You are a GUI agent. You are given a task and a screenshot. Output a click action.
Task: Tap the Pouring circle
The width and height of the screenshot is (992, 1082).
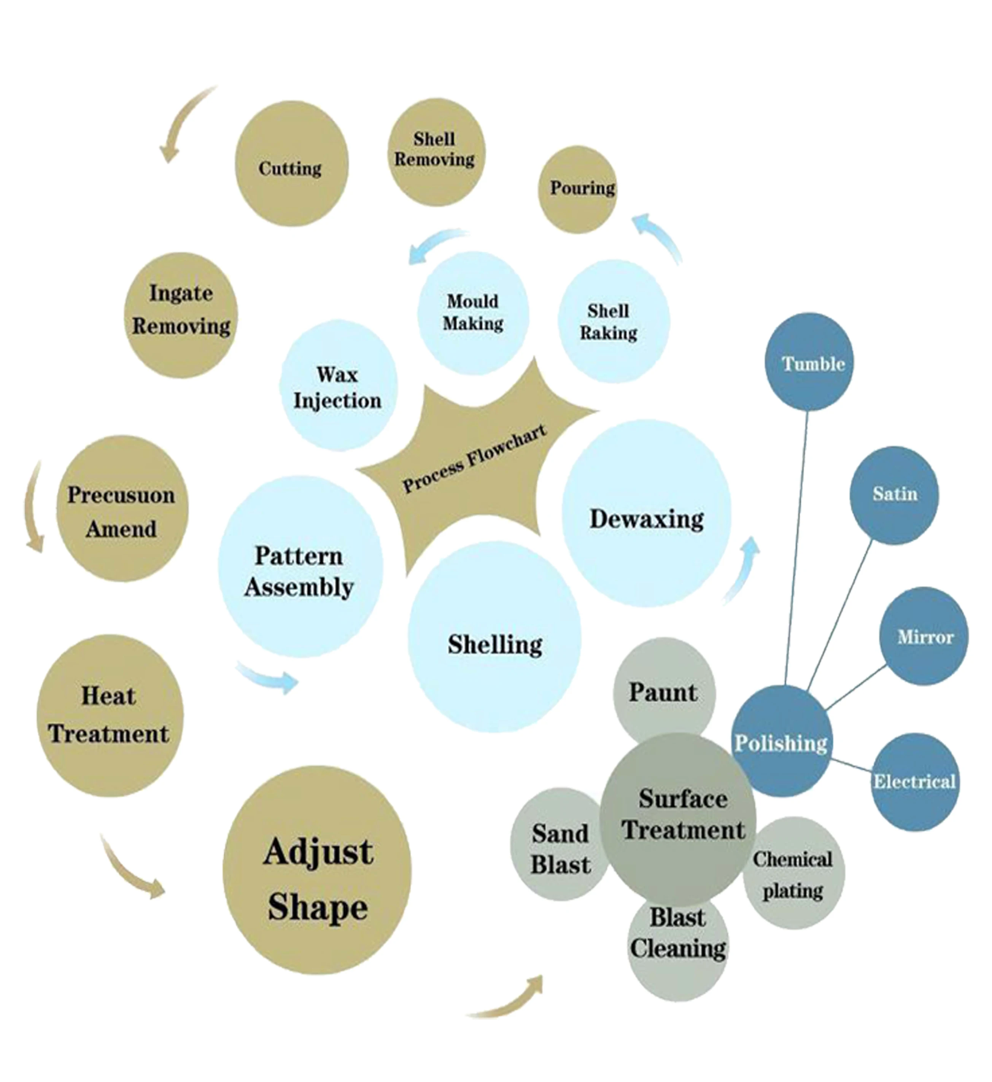[578, 189]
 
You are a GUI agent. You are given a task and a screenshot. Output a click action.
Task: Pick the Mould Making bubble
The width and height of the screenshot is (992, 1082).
[473, 313]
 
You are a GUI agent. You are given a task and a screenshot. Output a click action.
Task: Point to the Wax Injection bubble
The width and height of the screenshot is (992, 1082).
[338, 386]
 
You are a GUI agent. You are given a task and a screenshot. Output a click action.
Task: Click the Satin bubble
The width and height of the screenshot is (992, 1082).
[894, 495]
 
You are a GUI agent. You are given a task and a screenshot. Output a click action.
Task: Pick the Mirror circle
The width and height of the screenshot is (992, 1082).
[924, 636]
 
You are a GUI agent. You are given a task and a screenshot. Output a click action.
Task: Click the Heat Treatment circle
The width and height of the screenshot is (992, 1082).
[110, 716]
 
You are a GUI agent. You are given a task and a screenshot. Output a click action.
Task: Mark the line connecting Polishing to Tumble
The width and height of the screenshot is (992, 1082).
[796, 548]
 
